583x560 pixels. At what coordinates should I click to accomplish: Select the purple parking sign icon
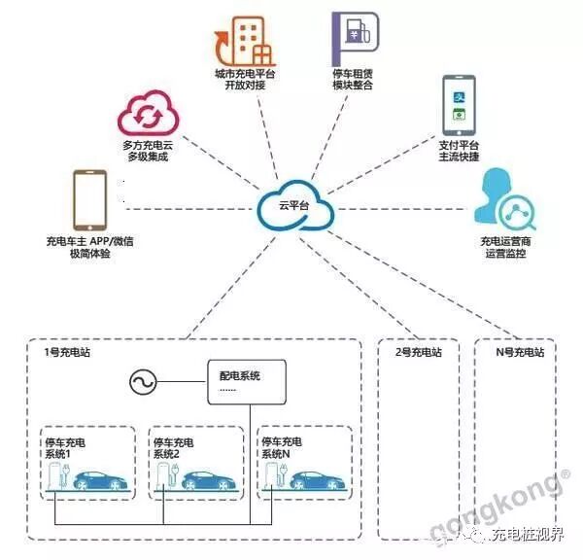tap(350, 37)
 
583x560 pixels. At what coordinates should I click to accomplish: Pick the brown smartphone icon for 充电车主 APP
tap(89, 198)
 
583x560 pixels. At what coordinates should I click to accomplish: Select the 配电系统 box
tap(249, 382)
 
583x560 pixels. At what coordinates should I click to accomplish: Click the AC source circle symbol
tap(143, 383)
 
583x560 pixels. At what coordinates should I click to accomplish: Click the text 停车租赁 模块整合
tap(351, 79)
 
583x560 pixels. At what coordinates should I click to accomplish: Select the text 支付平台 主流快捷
tap(459, 150)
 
